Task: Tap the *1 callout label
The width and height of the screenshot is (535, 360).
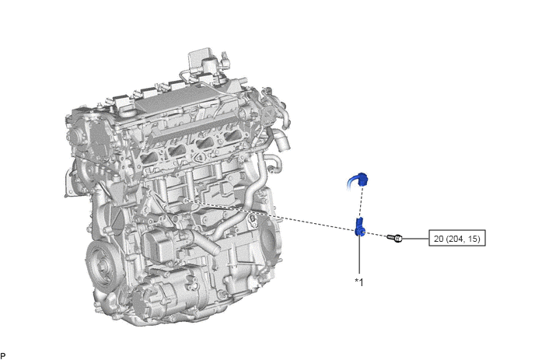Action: click(359, 282)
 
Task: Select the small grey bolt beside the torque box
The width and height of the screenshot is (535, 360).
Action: click(394, 238)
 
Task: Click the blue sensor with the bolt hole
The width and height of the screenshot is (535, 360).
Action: click(359, 226)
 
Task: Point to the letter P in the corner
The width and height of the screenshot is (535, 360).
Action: click(3, 356)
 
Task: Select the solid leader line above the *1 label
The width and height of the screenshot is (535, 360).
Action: click(359, 255)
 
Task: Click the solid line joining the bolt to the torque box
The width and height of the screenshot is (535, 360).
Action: click(415, 238)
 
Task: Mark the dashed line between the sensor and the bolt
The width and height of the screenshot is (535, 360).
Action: click(376, 235)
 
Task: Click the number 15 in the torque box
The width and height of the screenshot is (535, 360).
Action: click(473, 239)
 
